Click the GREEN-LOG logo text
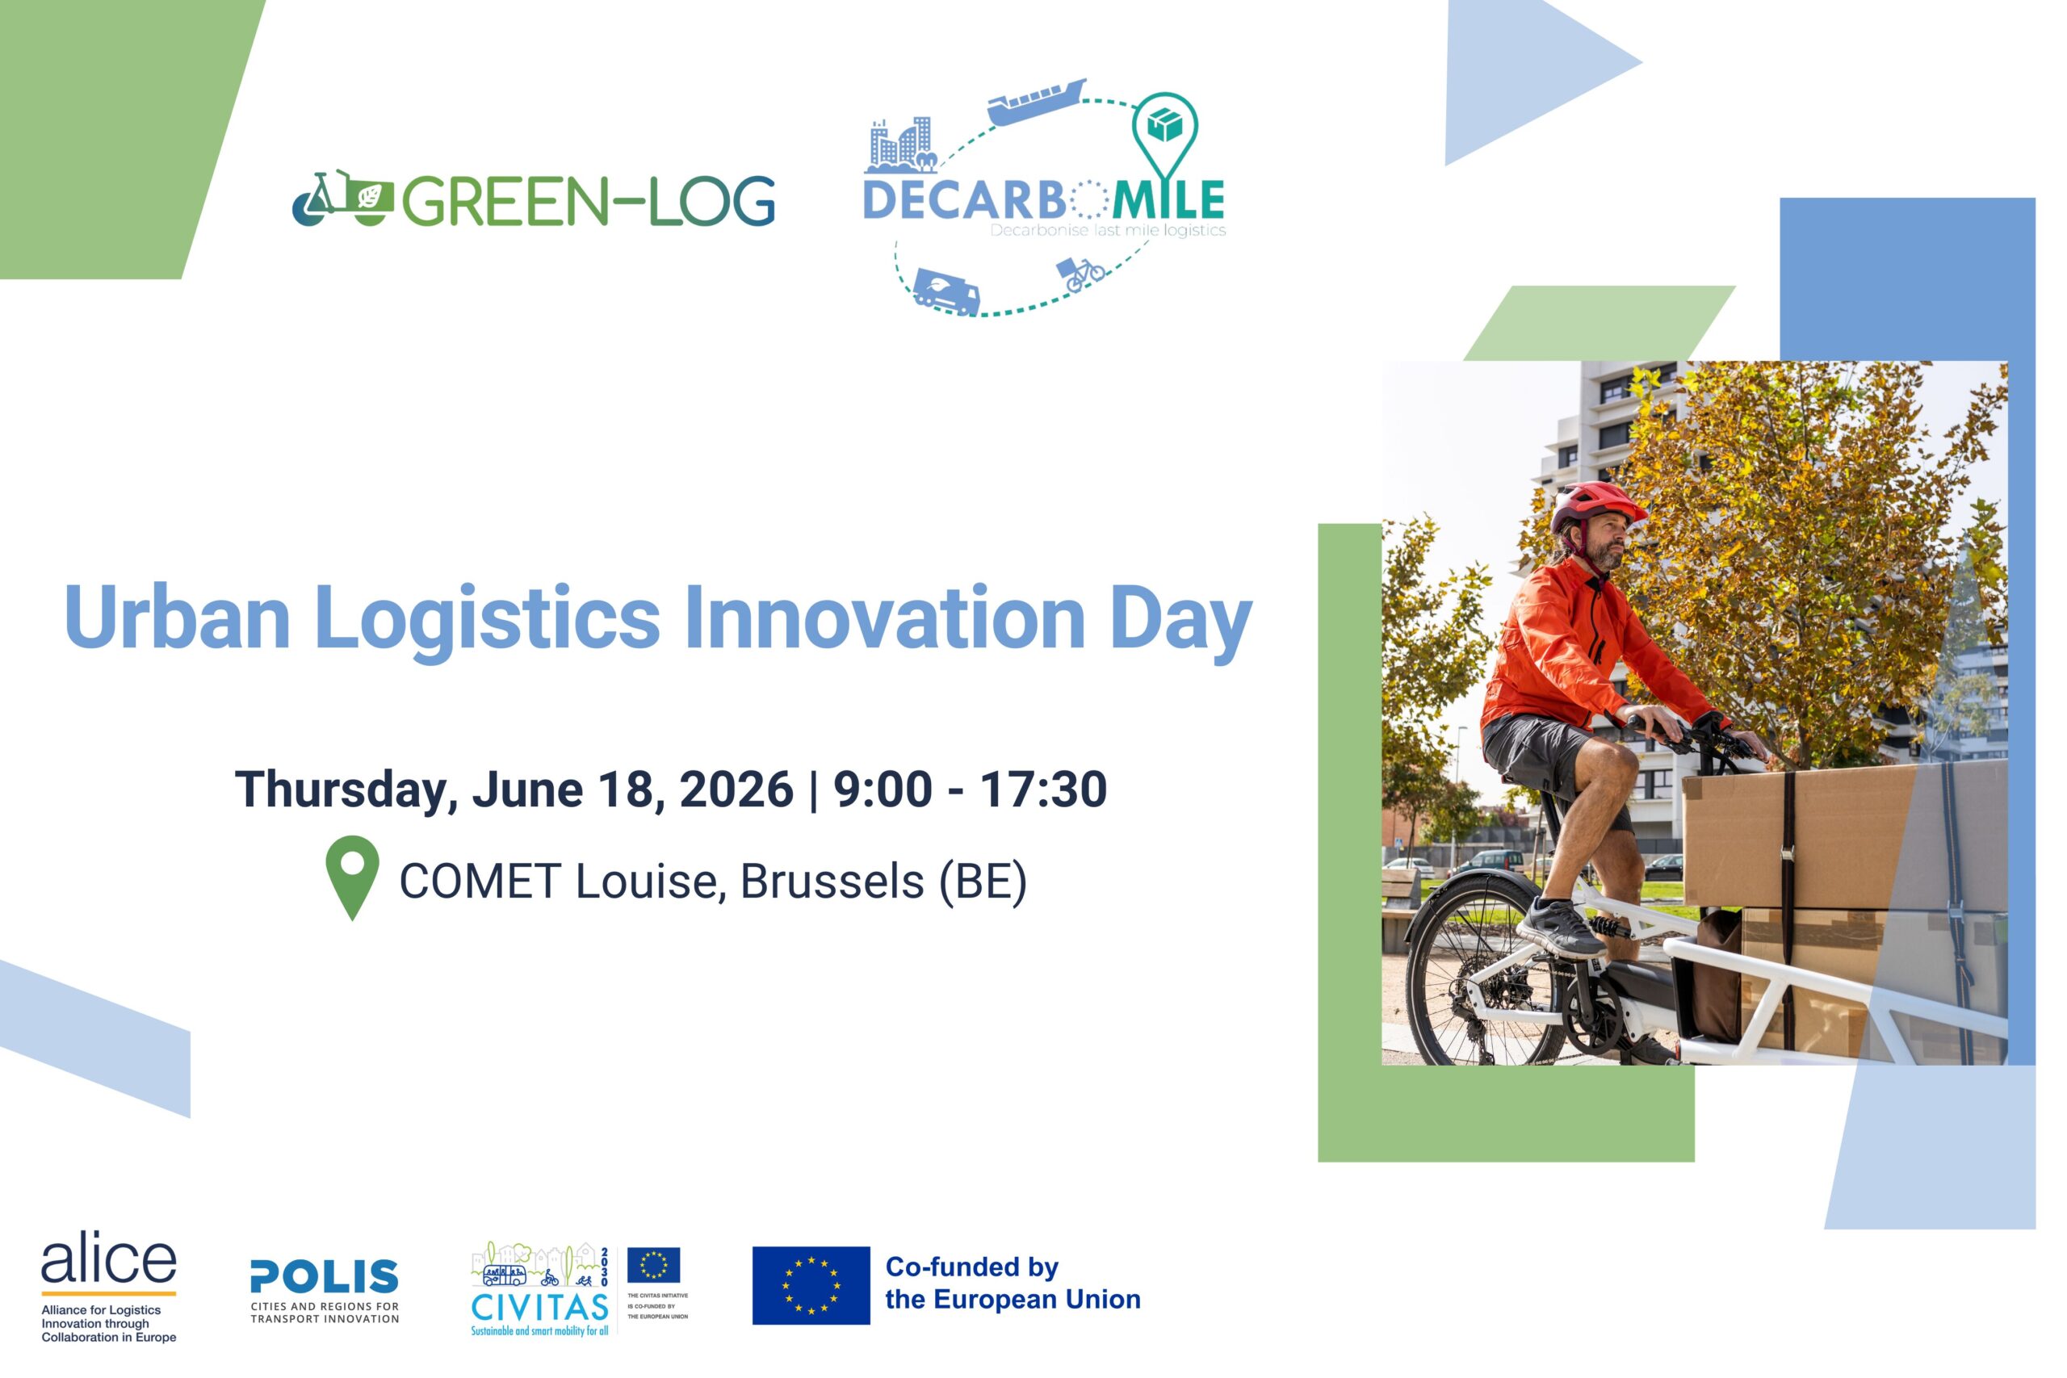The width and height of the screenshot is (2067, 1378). pyautogui.click(x=589, y=201)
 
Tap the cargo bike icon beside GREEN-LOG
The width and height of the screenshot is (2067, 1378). pyautogui.click(x=342, y=199)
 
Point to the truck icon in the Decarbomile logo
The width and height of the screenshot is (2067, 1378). pyautogui.click(x=946, y=291)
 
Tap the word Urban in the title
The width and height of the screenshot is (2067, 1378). pyautogui.click(x=177, y=617)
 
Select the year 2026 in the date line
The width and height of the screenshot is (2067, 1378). pyautogui.click(x=736, y=789)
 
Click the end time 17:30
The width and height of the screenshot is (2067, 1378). pyautogui.click(x=1043, y=789)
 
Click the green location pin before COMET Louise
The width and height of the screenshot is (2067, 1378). pyautogui.click(x=352, y=877)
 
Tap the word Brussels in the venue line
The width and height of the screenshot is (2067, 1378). pyautogui.click(x=832, y=881)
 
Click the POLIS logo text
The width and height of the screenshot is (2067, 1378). pyautogui.click(x=325, y=1276)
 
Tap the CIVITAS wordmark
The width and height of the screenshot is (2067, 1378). pyautogui.click(x=539, y=1307)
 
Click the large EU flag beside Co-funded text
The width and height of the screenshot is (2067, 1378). pyautogui.click(x=811, y=1285)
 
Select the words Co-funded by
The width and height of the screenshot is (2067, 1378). pyautogui.click(x=972, y=1267)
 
